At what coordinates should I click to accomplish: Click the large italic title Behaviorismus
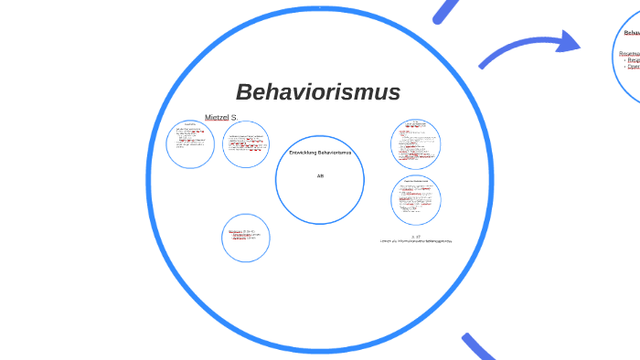[x=317, y=92]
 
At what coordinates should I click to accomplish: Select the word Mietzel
[x=217, y=118]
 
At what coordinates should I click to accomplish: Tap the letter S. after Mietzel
[x=234, y=118]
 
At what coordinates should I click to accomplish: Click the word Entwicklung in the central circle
[x=303, y=153]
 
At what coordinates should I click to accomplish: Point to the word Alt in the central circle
[x=320, y=175]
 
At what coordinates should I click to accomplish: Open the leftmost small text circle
[x=190, y=143]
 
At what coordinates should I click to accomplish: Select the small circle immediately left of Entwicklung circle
[x=246, y=144]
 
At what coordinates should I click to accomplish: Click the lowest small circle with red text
[x=246, y=238]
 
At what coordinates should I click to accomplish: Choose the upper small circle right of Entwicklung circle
[x=416, y=143]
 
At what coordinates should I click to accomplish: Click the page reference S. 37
[x=416, y=236]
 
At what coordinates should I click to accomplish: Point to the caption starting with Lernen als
[x=416, y=241]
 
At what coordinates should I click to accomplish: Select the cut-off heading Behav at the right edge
[x=631, y=33]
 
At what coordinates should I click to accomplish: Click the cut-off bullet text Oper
[x=633, y=67]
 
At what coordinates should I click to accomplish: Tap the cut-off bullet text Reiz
[x=633, y=60]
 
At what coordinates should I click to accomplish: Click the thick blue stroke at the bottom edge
[x=480, y=348]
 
